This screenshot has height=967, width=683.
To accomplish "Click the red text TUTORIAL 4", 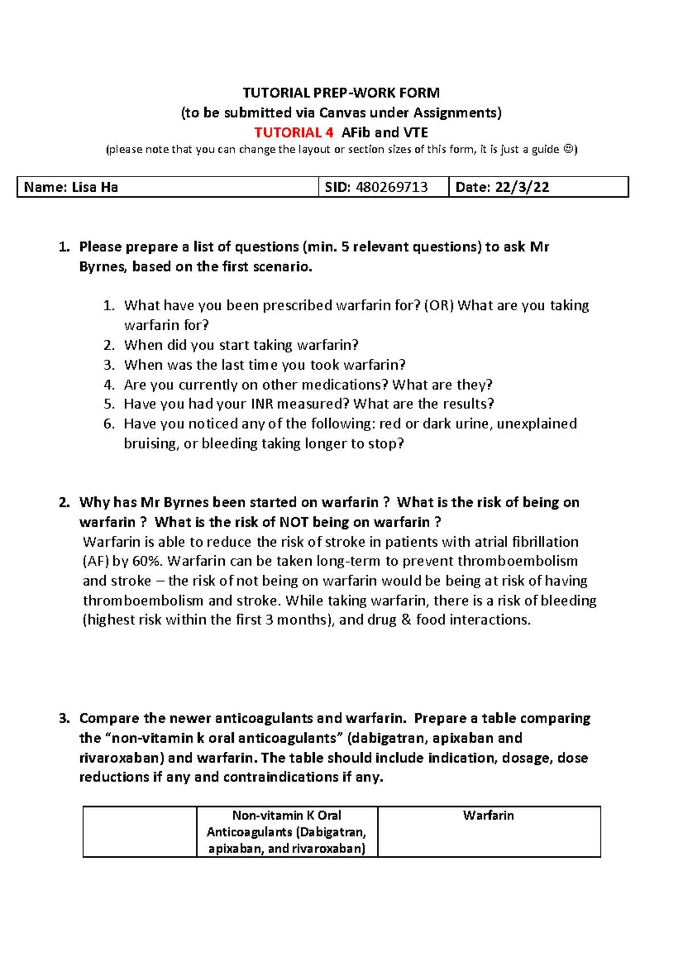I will (293, 133).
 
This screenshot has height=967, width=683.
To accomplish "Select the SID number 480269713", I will (392, 187).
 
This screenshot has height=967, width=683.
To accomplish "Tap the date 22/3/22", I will (522, 187).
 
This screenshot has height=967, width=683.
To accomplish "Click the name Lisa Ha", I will (94, 187).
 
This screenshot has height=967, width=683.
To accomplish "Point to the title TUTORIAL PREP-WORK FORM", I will (341, 93).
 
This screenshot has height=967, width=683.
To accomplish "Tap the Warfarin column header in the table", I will (488, 816).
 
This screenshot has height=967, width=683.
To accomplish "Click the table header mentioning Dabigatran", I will (286, 832).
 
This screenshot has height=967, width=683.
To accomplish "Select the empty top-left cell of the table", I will (139, 831).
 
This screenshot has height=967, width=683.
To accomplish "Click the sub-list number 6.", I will (109, 424).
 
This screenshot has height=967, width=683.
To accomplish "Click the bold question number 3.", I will (64, 719).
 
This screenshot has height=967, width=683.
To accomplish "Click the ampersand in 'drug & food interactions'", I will (406, 620).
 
